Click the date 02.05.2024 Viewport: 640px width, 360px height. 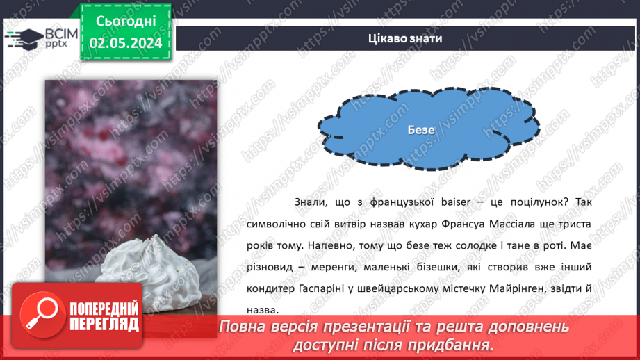coord(125,42)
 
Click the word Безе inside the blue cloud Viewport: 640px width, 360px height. coord(421,130)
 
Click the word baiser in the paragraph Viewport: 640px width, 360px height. coord(456,202)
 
